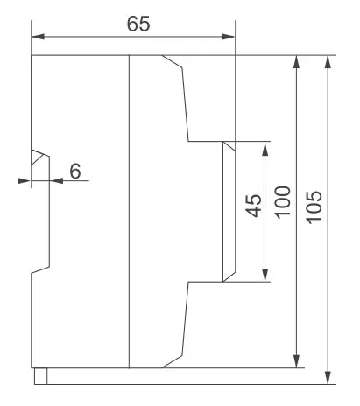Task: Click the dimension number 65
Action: [x=138, y=24]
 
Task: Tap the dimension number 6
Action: [x=75, y=171]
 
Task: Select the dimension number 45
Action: [x=253, y=206]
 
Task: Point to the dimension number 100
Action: [x=283, y=202]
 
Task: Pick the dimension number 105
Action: [x=314, y=207]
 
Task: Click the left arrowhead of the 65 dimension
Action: [x=38, y=37]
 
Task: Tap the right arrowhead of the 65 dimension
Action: [x=229, y=37]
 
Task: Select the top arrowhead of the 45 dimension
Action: [x=265, y=148]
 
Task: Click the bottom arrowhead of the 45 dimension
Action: [x=265, y=275]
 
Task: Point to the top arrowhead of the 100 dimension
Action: [x=296, y=62]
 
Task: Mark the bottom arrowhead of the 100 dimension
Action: [x=296, y=361]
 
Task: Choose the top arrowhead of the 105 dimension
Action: [x=328, y=62]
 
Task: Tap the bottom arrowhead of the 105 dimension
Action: [x=328, y=378]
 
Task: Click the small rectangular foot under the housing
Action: [x=40, y=376]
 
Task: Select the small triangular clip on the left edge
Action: [x=39, y=157]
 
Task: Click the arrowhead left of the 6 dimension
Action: [x=24, y=181]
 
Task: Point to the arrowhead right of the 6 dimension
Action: [x=56, y=181]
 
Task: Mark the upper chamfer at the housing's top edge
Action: [x=173, y=61]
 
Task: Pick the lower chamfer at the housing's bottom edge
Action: [x=173, y=361]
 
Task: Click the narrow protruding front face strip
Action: [x=229, y=212]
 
